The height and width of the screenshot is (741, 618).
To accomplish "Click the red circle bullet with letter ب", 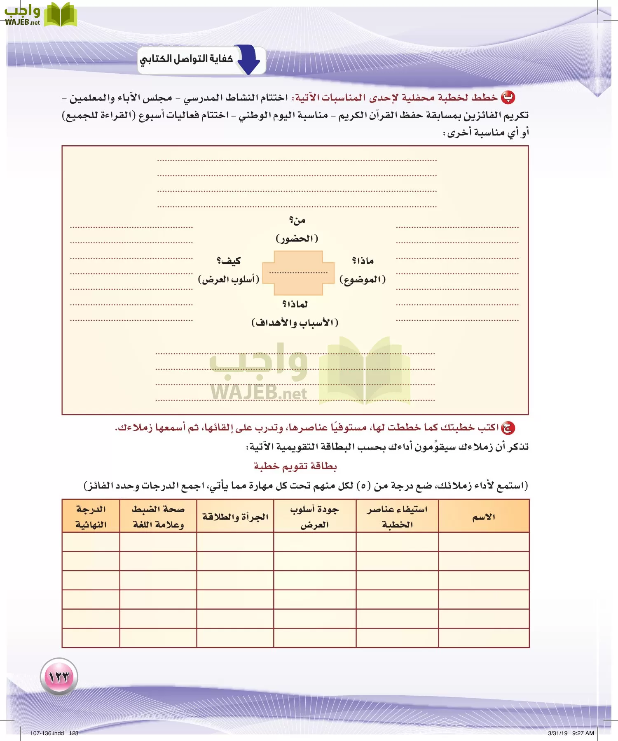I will coord(508,98).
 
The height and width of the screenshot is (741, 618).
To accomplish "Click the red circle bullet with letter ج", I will coord(508,428).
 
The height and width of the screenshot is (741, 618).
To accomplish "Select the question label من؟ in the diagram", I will coord(297,220).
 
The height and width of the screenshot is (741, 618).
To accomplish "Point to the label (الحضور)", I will coord(297,238).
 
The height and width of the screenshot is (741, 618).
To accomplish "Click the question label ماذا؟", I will coord(363,261).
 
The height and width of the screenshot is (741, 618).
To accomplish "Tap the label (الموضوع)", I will coord(363,280).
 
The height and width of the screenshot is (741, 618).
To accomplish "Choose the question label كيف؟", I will coord(229,261).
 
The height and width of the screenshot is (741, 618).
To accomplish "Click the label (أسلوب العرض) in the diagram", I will coord(229,280).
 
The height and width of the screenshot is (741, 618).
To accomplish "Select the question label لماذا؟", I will coord(295,304).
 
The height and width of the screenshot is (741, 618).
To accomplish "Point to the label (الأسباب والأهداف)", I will coord(295,322).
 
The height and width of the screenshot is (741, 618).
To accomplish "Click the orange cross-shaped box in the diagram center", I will coord(298,273).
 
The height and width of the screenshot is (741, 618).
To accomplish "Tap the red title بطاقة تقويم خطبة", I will coord(295,466).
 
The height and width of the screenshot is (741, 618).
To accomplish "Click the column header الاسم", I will coord(484,517).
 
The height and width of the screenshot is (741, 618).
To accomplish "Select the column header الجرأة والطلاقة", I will coord(235,517).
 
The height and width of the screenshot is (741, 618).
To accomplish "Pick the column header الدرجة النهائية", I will coord(91,517).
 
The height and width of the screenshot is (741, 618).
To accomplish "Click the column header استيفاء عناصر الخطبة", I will coord(397,517).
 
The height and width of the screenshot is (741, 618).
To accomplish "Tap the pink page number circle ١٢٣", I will coord(59,676).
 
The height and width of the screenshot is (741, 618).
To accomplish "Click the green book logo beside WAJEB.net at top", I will coord(61,15).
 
